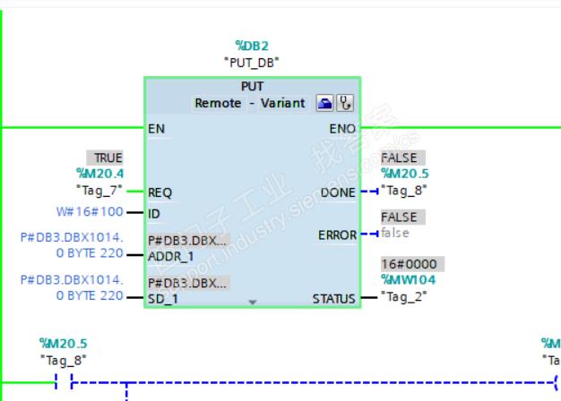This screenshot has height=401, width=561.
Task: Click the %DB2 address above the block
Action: (251, 45)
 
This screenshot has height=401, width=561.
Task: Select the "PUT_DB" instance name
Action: (251, 62)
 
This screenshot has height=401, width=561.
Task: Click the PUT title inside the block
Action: (252, 87)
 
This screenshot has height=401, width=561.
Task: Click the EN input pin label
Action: (157, 129)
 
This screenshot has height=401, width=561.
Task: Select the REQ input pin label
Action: (160, 192)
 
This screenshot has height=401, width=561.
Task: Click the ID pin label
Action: (155, 213)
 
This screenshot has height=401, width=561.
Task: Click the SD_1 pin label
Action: (162, 298)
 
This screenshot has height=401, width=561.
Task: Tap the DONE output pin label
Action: (338, 192)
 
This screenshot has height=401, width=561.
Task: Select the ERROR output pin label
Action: (337, 235)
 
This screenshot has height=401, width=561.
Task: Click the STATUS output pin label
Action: (333, 298)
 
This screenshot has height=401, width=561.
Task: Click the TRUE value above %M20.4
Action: (108, 158)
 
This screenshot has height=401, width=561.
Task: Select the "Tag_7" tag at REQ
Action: (100, 190)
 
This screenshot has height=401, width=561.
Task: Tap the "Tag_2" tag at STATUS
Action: (404, 295)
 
